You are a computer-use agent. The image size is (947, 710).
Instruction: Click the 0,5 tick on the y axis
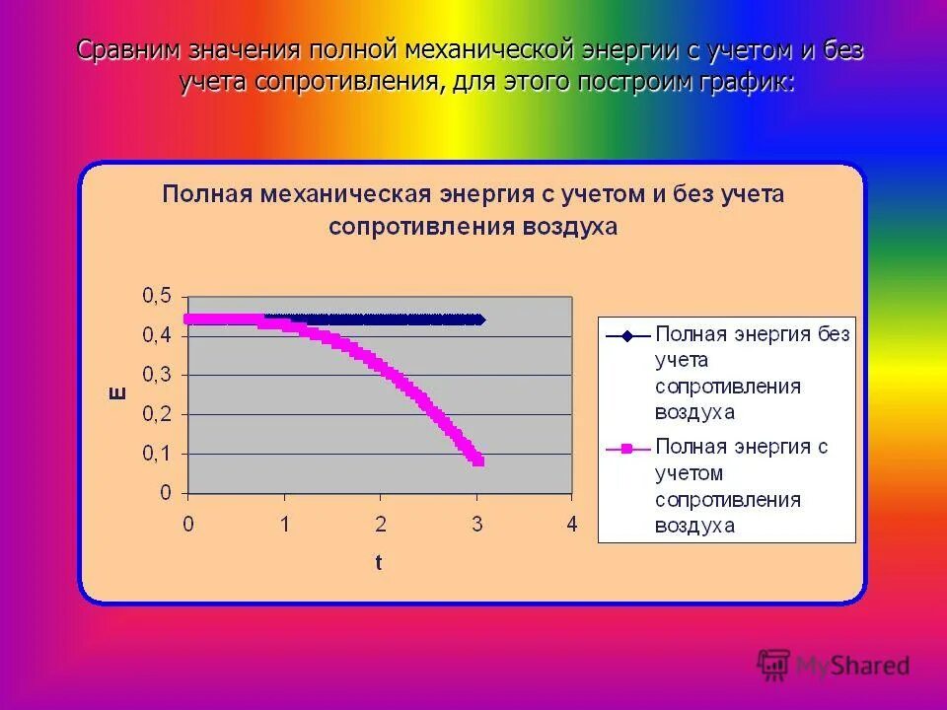pyautogui.click(x=157, y=296)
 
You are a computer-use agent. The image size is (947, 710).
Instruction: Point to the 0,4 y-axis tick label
pyautogui.click(x=157, y=335)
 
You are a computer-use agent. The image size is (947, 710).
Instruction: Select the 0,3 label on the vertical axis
pyautogui.click(x=157, y=375)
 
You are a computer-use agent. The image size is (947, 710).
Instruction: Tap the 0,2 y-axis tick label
pyautogui.click(x=157, y=414)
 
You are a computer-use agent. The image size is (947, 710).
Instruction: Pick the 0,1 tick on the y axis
pyautogui.click(x=157, y=454)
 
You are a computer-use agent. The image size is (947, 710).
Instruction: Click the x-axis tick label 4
pyautogui.click(x=571, y=524)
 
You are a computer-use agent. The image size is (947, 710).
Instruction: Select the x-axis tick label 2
pyautogui.click(x=380, y=524)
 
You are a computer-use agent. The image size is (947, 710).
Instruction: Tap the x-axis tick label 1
pyautogui.click(x=284, y=524)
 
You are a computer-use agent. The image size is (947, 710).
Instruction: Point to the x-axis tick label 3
pyautogui.click(x=475, y=524)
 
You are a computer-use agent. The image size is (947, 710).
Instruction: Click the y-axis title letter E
pyautogui.click(x=116, y=394)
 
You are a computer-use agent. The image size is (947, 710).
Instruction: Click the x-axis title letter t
pyautogui.click(x=379, y=563)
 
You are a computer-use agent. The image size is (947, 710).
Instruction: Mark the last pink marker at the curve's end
pyautogui.click(x=478, y=461)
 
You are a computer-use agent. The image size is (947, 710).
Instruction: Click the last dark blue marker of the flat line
pyautogui.click(x=480, y=319)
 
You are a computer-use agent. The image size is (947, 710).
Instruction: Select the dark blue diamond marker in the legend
pyautogui.click(x=626, y=335)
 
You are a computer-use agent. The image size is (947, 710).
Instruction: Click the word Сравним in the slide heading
pyautogui.click(x=128, y=50)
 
